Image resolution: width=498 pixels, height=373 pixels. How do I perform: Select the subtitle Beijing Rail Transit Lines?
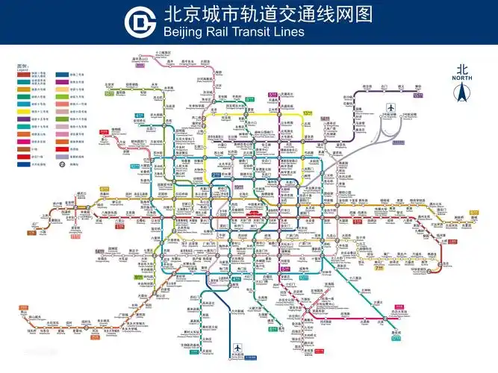(x=234, y=31)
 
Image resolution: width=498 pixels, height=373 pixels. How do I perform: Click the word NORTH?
(x=461, y=78)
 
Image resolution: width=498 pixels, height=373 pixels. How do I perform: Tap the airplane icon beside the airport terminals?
(x=390, y=111)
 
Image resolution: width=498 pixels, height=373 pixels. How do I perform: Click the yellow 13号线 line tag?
(x=307, y=113)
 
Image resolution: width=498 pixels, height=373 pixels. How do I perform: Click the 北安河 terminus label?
(x=110, y=85)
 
